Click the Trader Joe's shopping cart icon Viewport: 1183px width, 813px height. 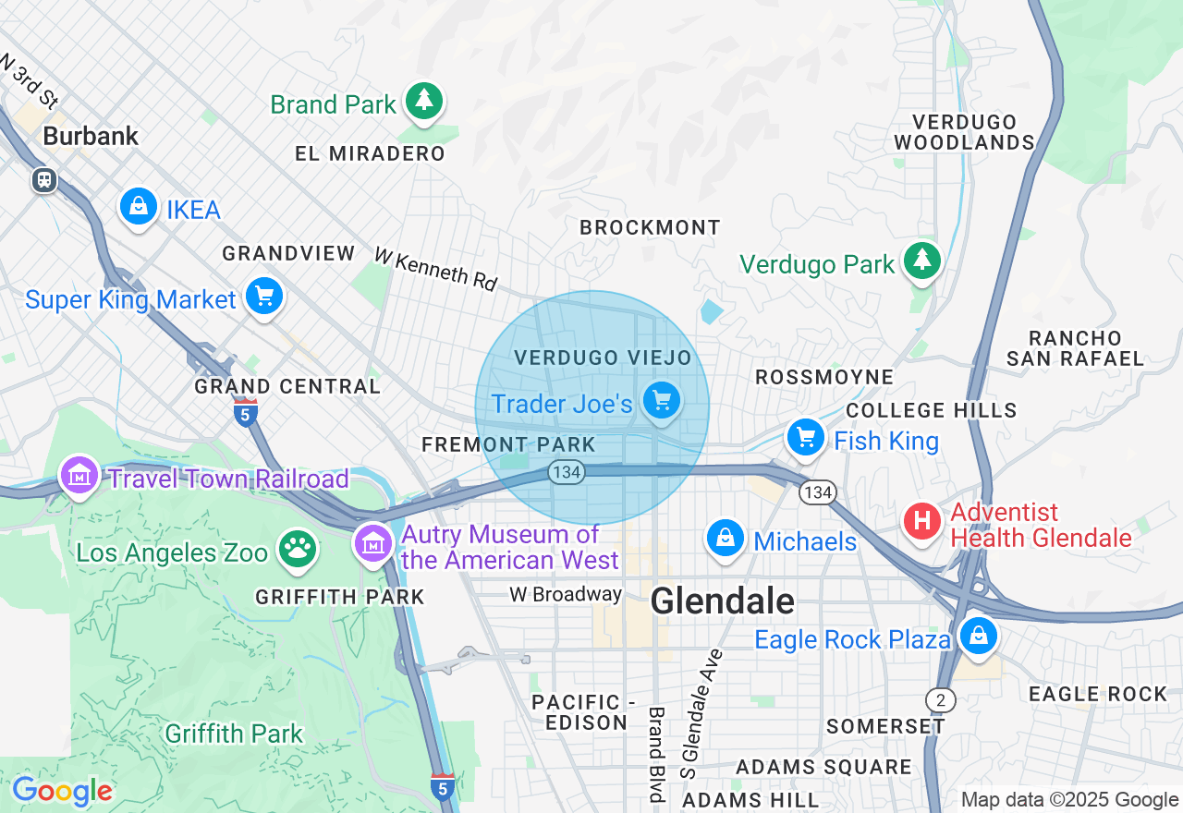point(662,401)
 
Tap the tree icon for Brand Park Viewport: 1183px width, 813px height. point(424,101)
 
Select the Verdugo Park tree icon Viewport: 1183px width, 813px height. point(921,261)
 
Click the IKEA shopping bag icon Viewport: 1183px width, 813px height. point(138,207)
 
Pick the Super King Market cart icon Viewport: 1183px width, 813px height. point(264,297)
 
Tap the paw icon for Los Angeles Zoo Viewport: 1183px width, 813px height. point(297,550)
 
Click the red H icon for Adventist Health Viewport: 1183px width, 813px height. point(921,521)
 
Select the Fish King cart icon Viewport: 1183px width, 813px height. point(805,438)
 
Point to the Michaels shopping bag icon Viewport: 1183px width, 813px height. point(726,538)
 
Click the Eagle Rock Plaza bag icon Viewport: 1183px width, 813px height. point(977,636)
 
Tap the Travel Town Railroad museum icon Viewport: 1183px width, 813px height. point(79,476)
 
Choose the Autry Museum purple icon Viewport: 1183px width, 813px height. point(373,543)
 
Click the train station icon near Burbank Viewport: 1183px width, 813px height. point(43,180)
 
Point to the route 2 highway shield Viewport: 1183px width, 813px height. point(941,700)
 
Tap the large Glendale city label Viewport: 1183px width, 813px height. point(722,601)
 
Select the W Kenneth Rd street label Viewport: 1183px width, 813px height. point(435,269)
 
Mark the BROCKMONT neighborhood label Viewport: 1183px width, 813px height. point(650,227)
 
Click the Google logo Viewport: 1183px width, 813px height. point(62,791)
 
